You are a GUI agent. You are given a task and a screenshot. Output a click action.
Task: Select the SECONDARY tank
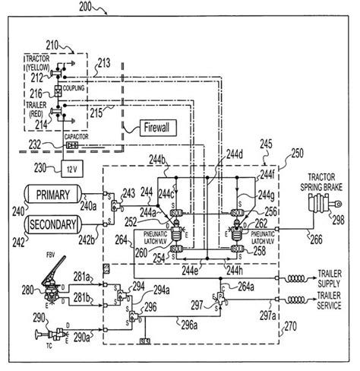tap(53, 224)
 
